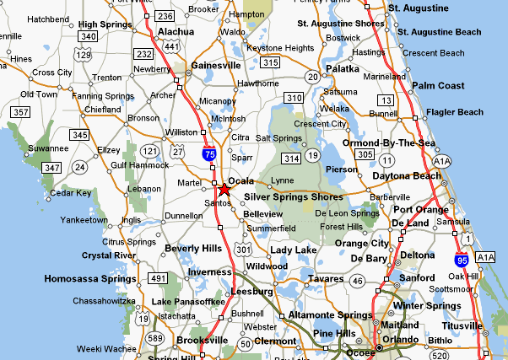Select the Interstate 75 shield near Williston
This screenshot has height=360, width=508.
(208, 154)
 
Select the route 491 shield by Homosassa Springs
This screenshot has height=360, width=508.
(158, 277)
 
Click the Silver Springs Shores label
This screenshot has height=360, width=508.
(293, 197)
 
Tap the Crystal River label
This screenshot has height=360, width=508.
(109, 255)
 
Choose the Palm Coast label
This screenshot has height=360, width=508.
(439, 86)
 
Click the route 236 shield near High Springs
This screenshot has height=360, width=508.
(165, 16)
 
